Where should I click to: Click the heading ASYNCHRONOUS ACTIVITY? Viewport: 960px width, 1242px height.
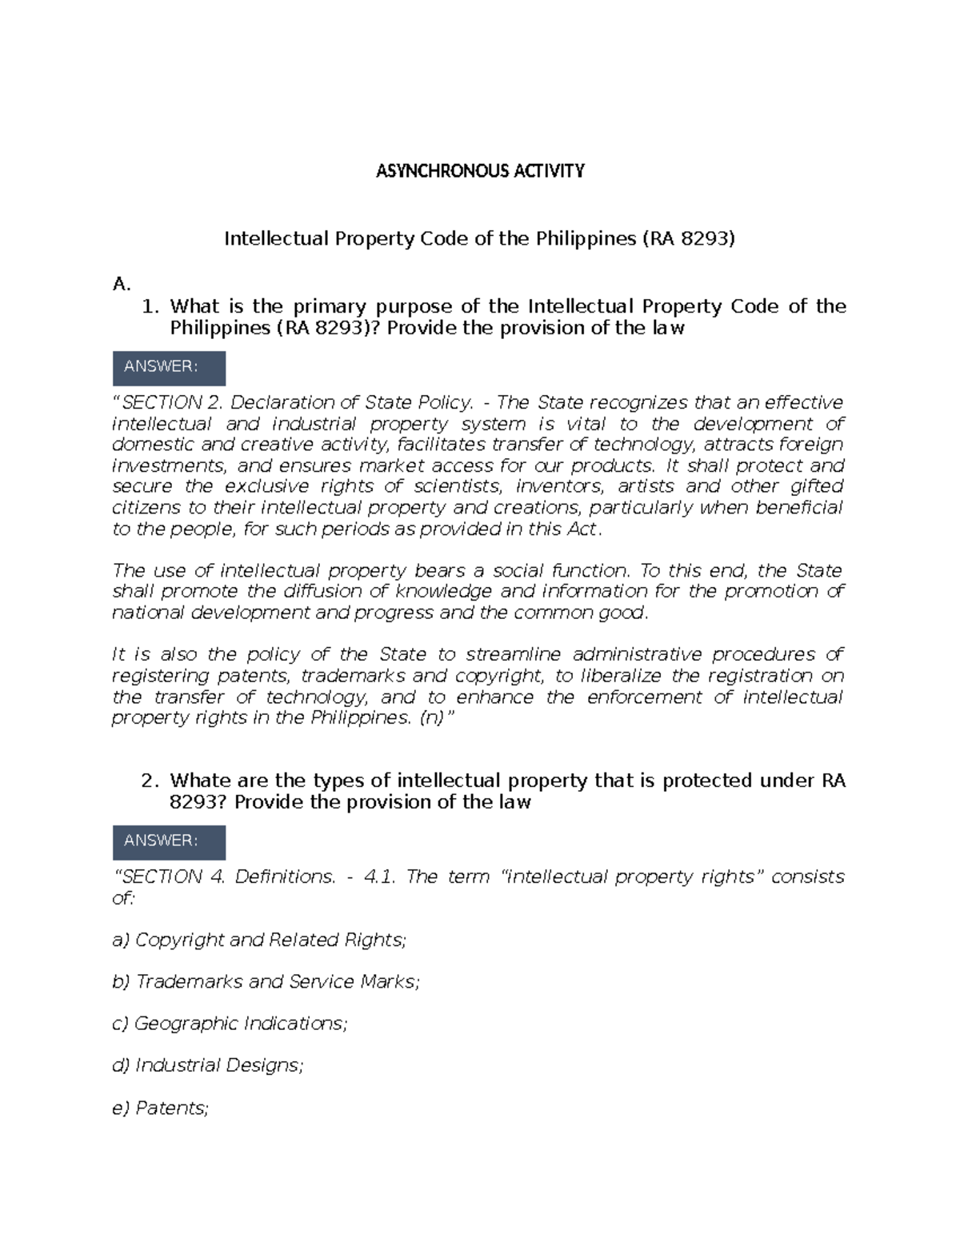(x=480, y=170)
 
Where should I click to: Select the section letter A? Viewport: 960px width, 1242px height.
(x=121, y=283)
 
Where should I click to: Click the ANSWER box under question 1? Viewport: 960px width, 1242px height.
(x=169, y=367)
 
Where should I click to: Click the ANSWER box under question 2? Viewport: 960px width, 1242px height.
(x=169, y=841)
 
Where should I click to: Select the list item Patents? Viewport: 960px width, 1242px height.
(x=161, y=1108)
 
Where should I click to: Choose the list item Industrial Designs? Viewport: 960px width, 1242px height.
(x=208, y=1066)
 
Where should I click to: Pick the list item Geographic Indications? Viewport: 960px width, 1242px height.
(x=230, y=1024)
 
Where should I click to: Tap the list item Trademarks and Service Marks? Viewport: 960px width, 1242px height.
(x=266, y=982)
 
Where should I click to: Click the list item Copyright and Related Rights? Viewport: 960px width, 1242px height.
(x=260, y=940)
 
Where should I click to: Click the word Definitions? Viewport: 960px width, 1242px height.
(x=286, y=877)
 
